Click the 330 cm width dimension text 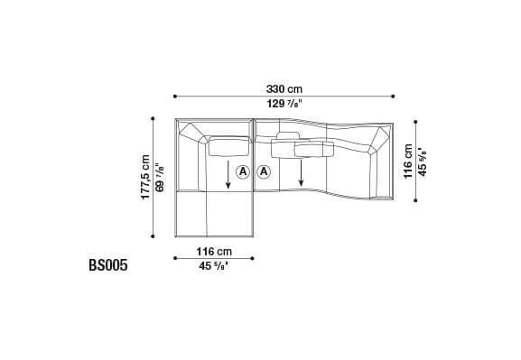[284, 88]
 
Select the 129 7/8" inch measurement [284, 105]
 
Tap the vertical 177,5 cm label [145, 178]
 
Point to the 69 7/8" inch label [160, 178]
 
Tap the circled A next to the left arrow [243, 171]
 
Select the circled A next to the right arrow [265, 171]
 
